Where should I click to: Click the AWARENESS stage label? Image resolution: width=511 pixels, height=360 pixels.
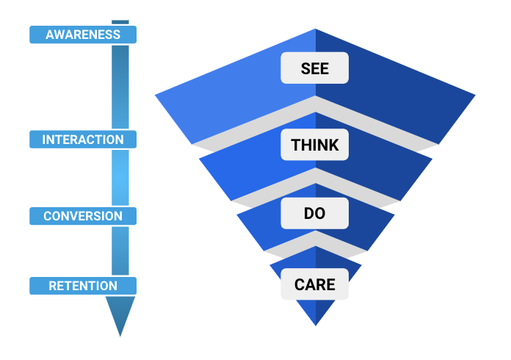(x=83, y=35)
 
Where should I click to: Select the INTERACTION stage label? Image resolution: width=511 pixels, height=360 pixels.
(x=83, y=140)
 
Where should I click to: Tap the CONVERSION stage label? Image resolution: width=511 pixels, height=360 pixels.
(x=83, y=216)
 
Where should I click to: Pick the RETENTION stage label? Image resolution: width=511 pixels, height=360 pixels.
(x=83, y=286)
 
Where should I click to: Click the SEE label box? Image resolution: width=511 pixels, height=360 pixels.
(x=314, y=69)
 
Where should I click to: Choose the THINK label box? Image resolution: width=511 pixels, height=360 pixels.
(x=314, y=145)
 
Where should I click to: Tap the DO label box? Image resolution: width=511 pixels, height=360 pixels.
(x=314, y=215)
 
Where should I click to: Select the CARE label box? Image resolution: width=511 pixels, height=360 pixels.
(x=314, y=284)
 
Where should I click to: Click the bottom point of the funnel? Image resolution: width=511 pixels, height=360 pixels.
(x=316, y=323)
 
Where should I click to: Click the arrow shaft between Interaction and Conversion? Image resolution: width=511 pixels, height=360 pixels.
(x=120, y=178)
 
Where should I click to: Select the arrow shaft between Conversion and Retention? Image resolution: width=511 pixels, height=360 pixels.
(x=120, y=251)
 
